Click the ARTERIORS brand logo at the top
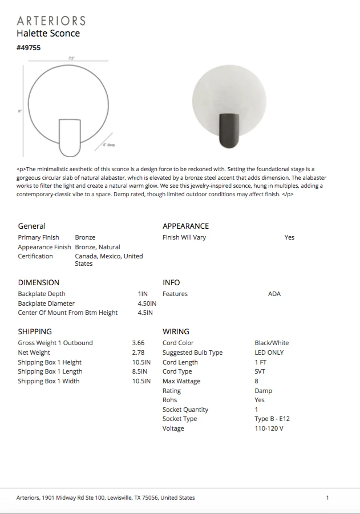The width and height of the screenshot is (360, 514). coord(51,21)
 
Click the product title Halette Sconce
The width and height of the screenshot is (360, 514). coord(48,34)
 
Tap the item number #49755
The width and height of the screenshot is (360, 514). coord(29,48)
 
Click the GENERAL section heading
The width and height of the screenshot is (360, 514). coord(31,226)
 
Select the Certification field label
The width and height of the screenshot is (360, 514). coord(35,256)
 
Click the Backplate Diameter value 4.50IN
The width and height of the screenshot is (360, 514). coord(147,303)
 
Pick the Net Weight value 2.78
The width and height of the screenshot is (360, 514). coord(138,353)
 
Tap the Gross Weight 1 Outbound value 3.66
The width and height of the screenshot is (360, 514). coord(138,343)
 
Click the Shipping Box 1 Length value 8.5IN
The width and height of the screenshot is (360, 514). coord(141,371)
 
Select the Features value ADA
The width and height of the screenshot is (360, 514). coord(274,294)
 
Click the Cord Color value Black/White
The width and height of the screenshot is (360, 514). coord(272,343)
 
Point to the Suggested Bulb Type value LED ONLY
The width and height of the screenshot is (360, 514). coord(269,353)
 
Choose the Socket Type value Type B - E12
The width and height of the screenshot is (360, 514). coord(272,419)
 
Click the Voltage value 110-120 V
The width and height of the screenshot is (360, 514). coord(269,428)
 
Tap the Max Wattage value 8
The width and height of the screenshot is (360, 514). coord(256,381)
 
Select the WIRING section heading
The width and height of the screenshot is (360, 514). coord(176,331)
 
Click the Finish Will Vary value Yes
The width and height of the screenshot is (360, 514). coord(289,237)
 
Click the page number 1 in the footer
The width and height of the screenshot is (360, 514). coord(327,497)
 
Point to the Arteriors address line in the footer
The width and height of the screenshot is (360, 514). coord(106,497)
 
